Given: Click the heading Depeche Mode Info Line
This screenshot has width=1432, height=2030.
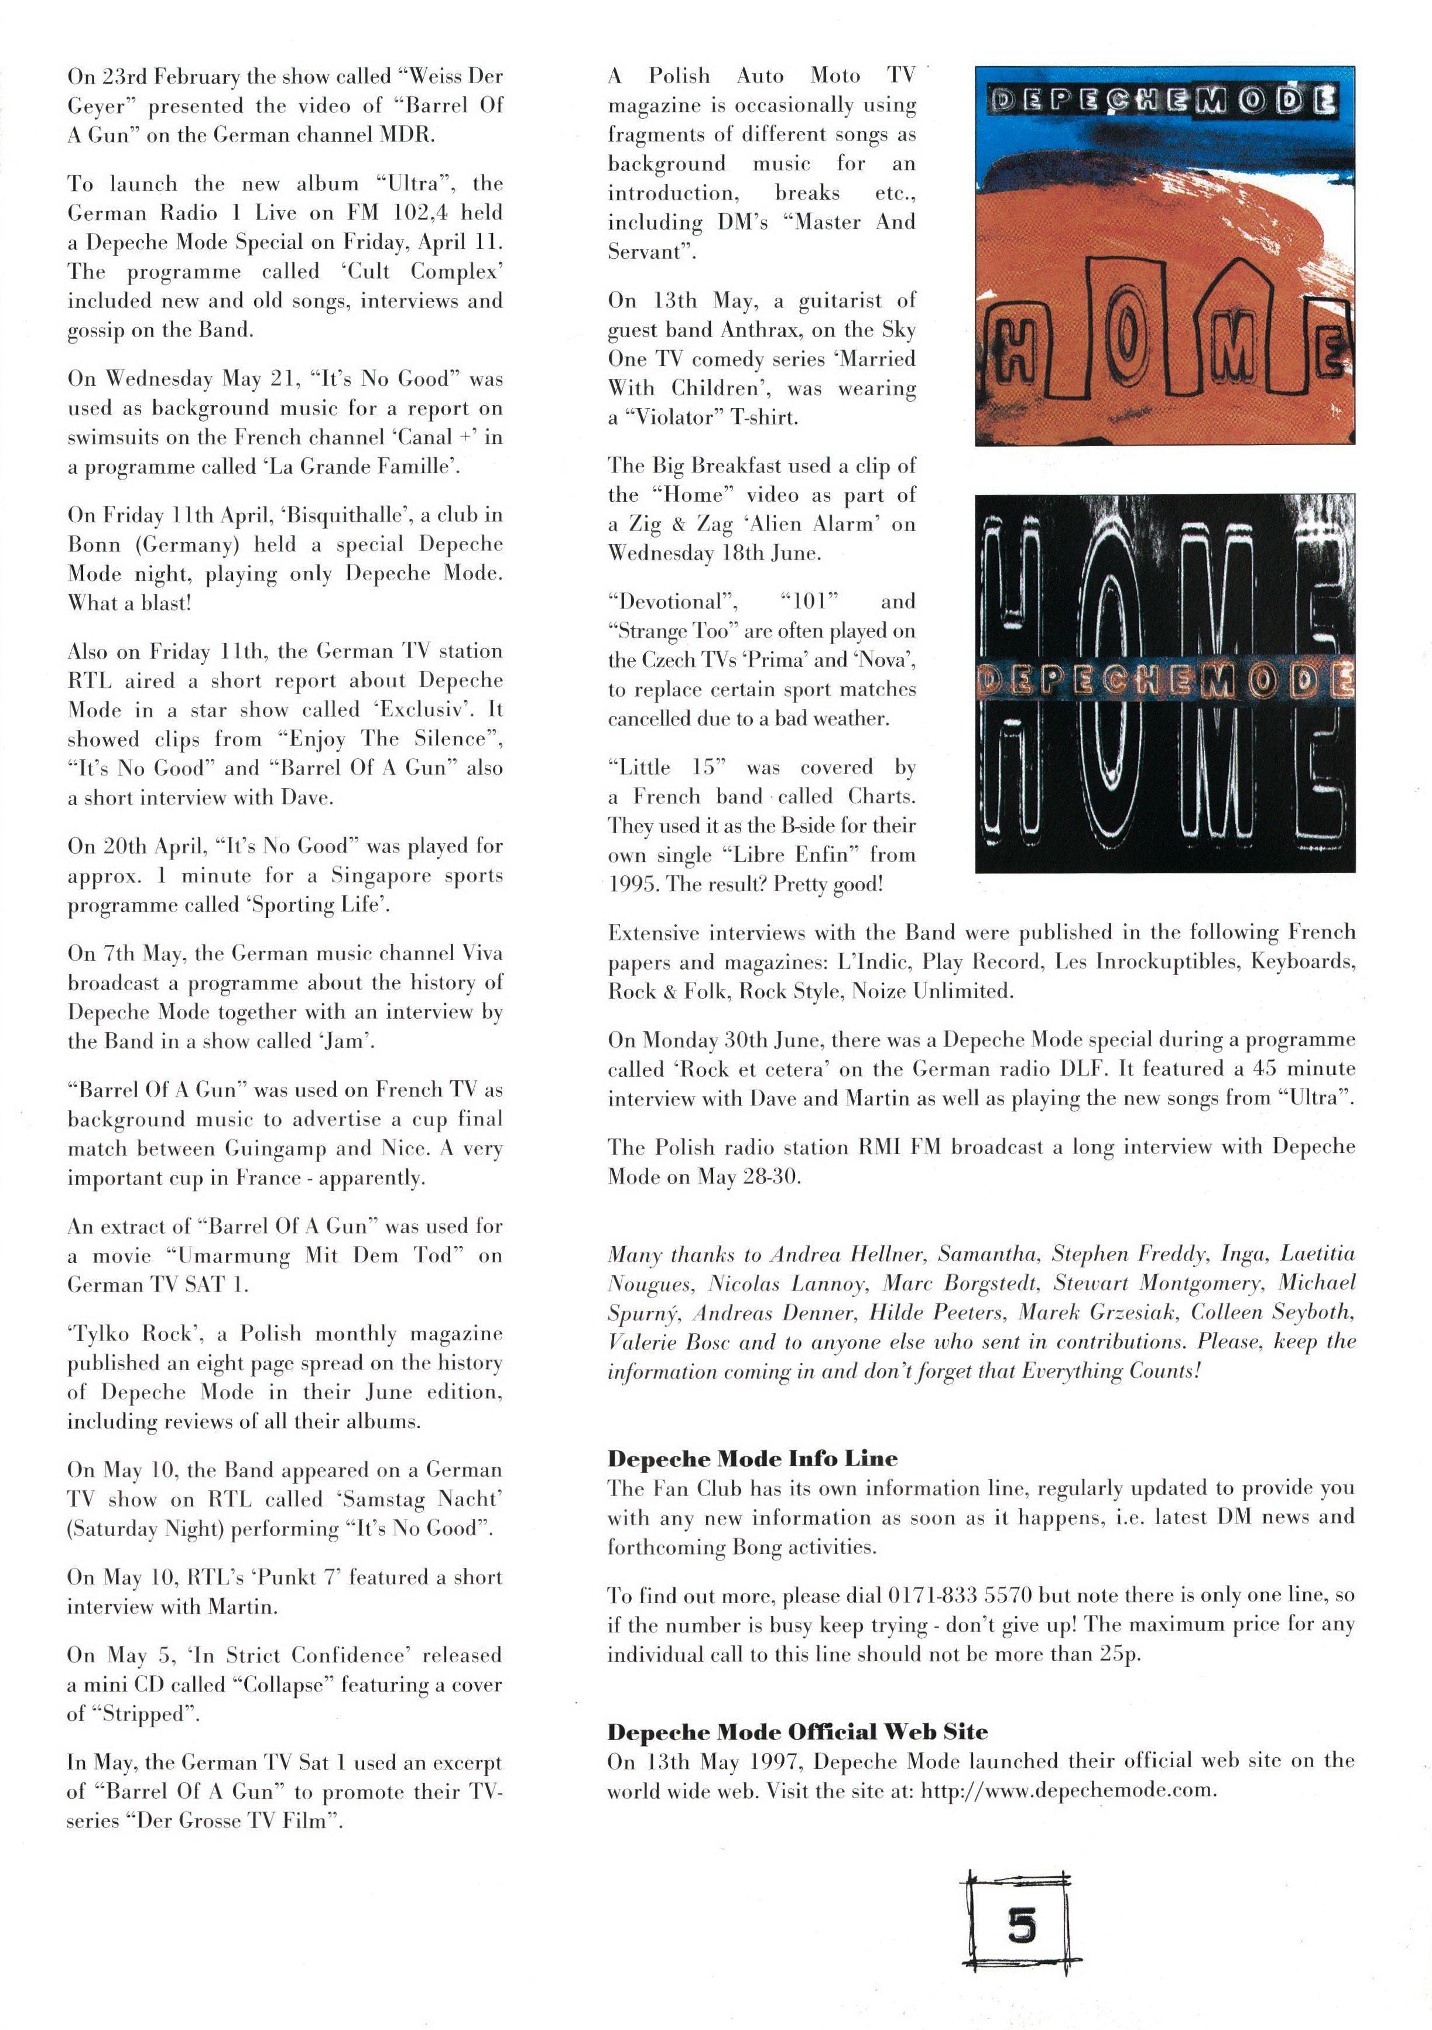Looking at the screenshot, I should (x=752, y=1458).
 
